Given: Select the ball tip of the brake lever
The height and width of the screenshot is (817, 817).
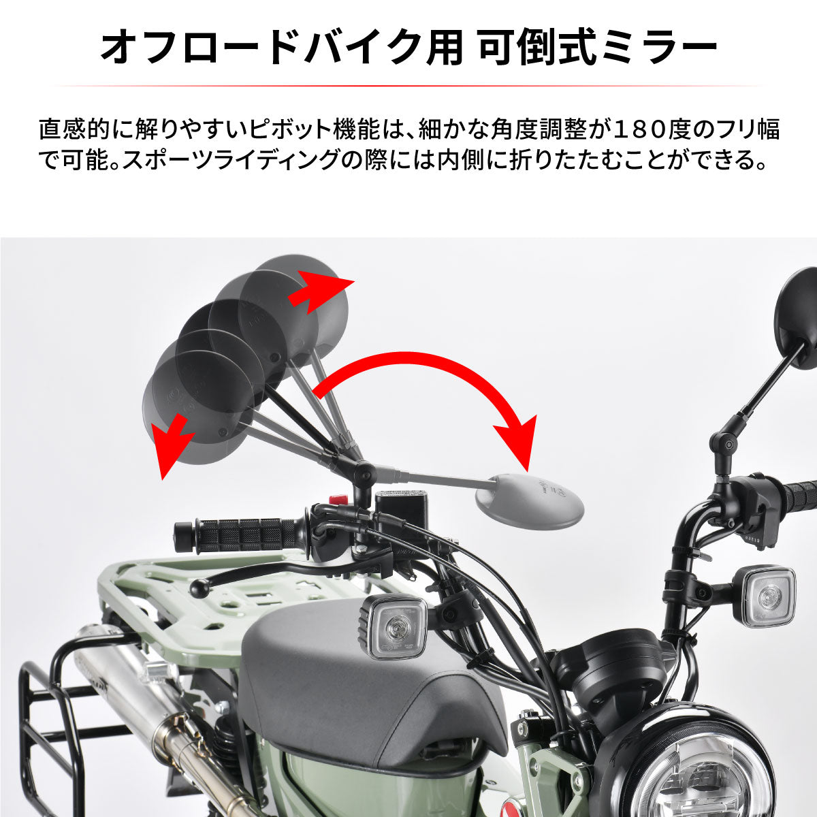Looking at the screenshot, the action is pyautogui.click(x=198, y=587).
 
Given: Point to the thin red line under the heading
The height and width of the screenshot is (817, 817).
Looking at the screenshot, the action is pyautogui.click(x=408, y=86).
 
